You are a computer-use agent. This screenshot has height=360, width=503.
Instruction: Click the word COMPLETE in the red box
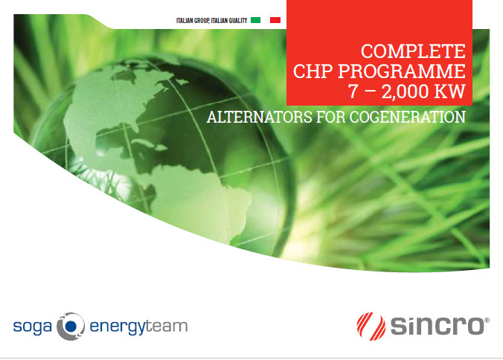click(x=413, y=51)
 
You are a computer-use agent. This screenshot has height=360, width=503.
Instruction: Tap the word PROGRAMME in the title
click(x=402, y=71)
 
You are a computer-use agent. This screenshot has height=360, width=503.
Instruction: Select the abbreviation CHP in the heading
click(x=313, y=71)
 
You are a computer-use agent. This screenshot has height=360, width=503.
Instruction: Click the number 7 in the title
click(x=353, y=91)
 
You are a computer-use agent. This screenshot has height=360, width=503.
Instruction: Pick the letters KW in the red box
click(x=449, y=91)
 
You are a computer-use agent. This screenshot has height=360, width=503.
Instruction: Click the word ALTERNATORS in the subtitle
click(x=259, y=117)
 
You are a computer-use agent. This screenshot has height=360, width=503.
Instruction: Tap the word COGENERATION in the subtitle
click(x=408, y=117)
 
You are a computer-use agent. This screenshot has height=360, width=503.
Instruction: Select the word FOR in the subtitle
click(x=330, y=117)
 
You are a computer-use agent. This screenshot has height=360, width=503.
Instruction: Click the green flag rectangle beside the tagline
click(x=256, y=20)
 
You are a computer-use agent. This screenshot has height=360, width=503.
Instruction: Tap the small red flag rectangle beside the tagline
click(x=275, y=20)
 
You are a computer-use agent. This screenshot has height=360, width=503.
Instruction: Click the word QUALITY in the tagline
click(x=237, y=21)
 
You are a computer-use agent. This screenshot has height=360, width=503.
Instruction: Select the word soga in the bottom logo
click(x=33, y=327)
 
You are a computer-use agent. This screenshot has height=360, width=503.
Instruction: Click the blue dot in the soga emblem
click(x=71, y=326)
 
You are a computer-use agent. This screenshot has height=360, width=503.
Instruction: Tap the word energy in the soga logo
click(x=118, y=327)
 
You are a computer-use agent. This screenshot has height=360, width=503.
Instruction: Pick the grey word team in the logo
click(x=167, y=326)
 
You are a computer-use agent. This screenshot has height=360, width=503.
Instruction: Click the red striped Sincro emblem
click(x=371, y=327)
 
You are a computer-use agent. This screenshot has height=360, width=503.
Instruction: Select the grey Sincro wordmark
click(x=437, y=326)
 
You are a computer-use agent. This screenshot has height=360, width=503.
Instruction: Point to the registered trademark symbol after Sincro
click(x=487, y=321)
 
